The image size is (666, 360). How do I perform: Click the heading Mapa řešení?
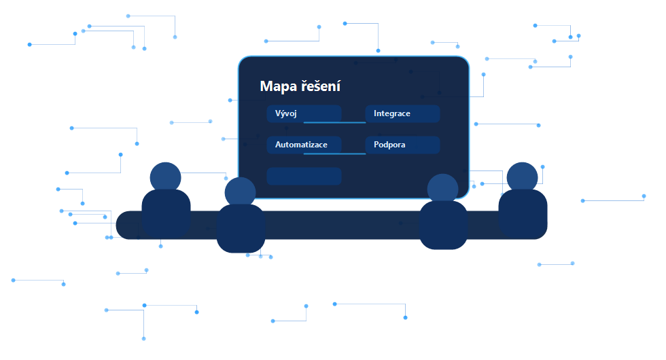pyautogui.click(x=300, y=86)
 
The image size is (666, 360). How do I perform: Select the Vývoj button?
pyautogui.click(x=304, y=114)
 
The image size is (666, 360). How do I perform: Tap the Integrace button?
pyautogui.click(x=402, y=114)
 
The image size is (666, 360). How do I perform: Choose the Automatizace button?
pyautogui.click(x=304, y=145)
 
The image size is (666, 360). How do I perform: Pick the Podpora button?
pyautogui.click(x=402, y=145)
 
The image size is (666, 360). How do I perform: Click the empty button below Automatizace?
pyautogui.click(x=304, y=176)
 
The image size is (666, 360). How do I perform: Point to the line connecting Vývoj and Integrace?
pyautogui.click(x=334, y=122)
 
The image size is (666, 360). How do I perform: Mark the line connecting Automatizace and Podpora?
pyautogui.click(x=334, y=154)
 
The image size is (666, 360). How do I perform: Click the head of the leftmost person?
pyautogui.click(x=166, y=177)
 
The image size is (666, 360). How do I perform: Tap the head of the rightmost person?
pyautogui.click(x=523, y=177)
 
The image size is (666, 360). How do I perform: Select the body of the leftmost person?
pyautogui.click(x=166, y=214)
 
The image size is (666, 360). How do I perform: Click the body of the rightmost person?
pyautogui.click(x=523, y=214)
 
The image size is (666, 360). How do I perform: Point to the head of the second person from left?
pyautogui.click(x=241, y=193)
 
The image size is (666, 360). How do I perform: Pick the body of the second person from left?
pyautogui.click(x=241, y=228)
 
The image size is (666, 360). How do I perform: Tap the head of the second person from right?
pyautogui.click(x=442, y=190)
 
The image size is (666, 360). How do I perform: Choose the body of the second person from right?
pyautogui.click(x=443, y=225)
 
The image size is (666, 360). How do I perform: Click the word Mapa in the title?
pyautogui.click(x=278, y=87)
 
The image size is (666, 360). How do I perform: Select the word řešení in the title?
pyautogui.click(x=321, y=86)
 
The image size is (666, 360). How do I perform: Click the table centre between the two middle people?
pyautogui.click(x=342, y=225)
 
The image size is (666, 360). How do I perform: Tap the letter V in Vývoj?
pyautogui.click(x=278, y=114)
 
